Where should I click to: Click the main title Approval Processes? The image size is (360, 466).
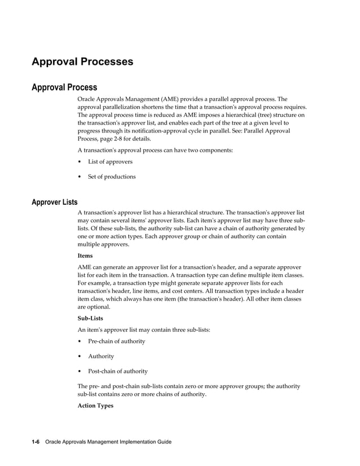point(82,61)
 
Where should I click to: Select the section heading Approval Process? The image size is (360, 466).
point(64,87)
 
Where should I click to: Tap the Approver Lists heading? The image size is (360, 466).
point(55,202)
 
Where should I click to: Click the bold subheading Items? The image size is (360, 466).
point(86,255)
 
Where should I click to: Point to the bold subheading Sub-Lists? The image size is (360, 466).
point(90,318)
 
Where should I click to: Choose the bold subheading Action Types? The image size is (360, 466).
point(95,405)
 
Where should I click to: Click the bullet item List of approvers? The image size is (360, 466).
point(110,161)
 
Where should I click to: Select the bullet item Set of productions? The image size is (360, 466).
point(112,177)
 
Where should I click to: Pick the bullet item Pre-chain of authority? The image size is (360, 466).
point(116,341)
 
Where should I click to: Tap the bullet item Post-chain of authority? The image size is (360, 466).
point(117,371)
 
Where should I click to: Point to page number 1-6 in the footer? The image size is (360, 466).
point(35,442)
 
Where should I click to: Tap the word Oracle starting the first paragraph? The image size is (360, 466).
point(87,99)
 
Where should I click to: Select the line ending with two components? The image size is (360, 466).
point(155,150)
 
